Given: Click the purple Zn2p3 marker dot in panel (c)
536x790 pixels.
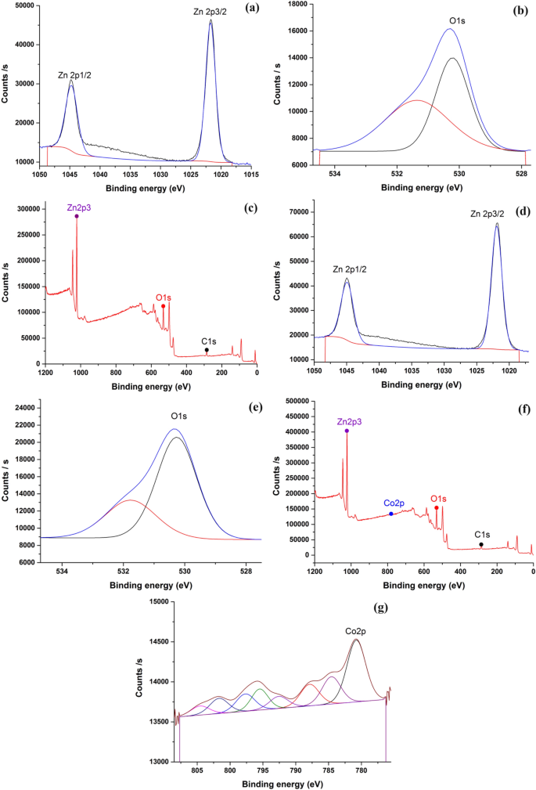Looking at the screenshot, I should [x=77, y=216].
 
